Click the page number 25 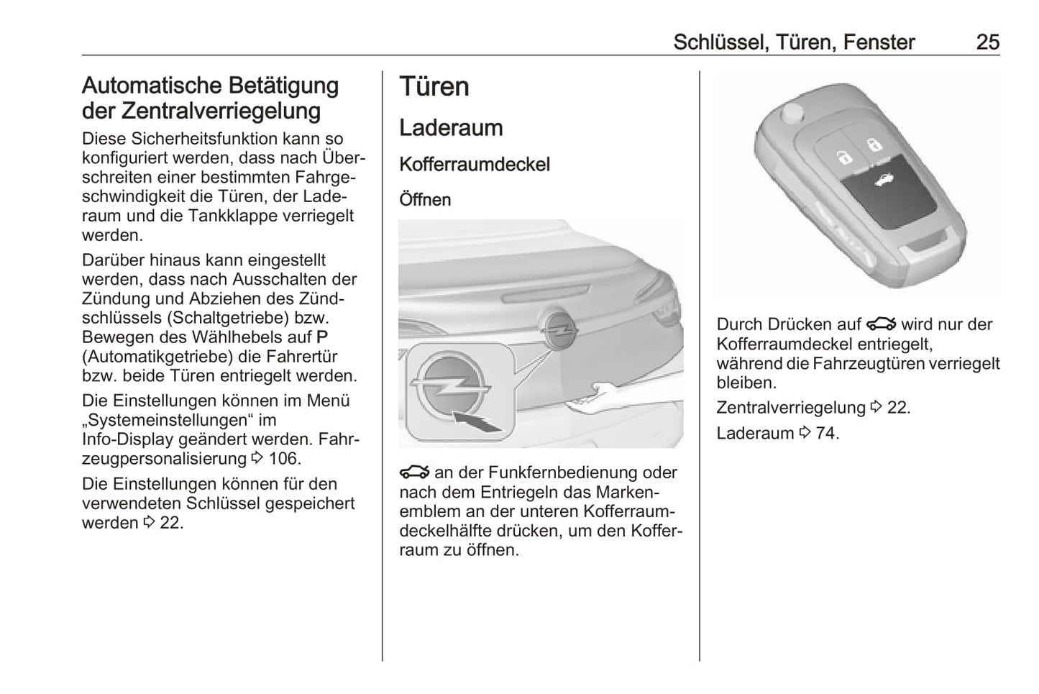coord(987,42)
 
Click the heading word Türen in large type coord(434,86)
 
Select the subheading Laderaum coord(451,128)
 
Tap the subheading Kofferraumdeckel coord(474,164)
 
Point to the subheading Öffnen coord(425,199)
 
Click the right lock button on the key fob coord(872,144)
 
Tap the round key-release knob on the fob coord(793,112)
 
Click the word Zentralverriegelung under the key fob coord(791,407)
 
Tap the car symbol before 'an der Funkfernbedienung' coord(415,472)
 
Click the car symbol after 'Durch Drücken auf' coord(881,324)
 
